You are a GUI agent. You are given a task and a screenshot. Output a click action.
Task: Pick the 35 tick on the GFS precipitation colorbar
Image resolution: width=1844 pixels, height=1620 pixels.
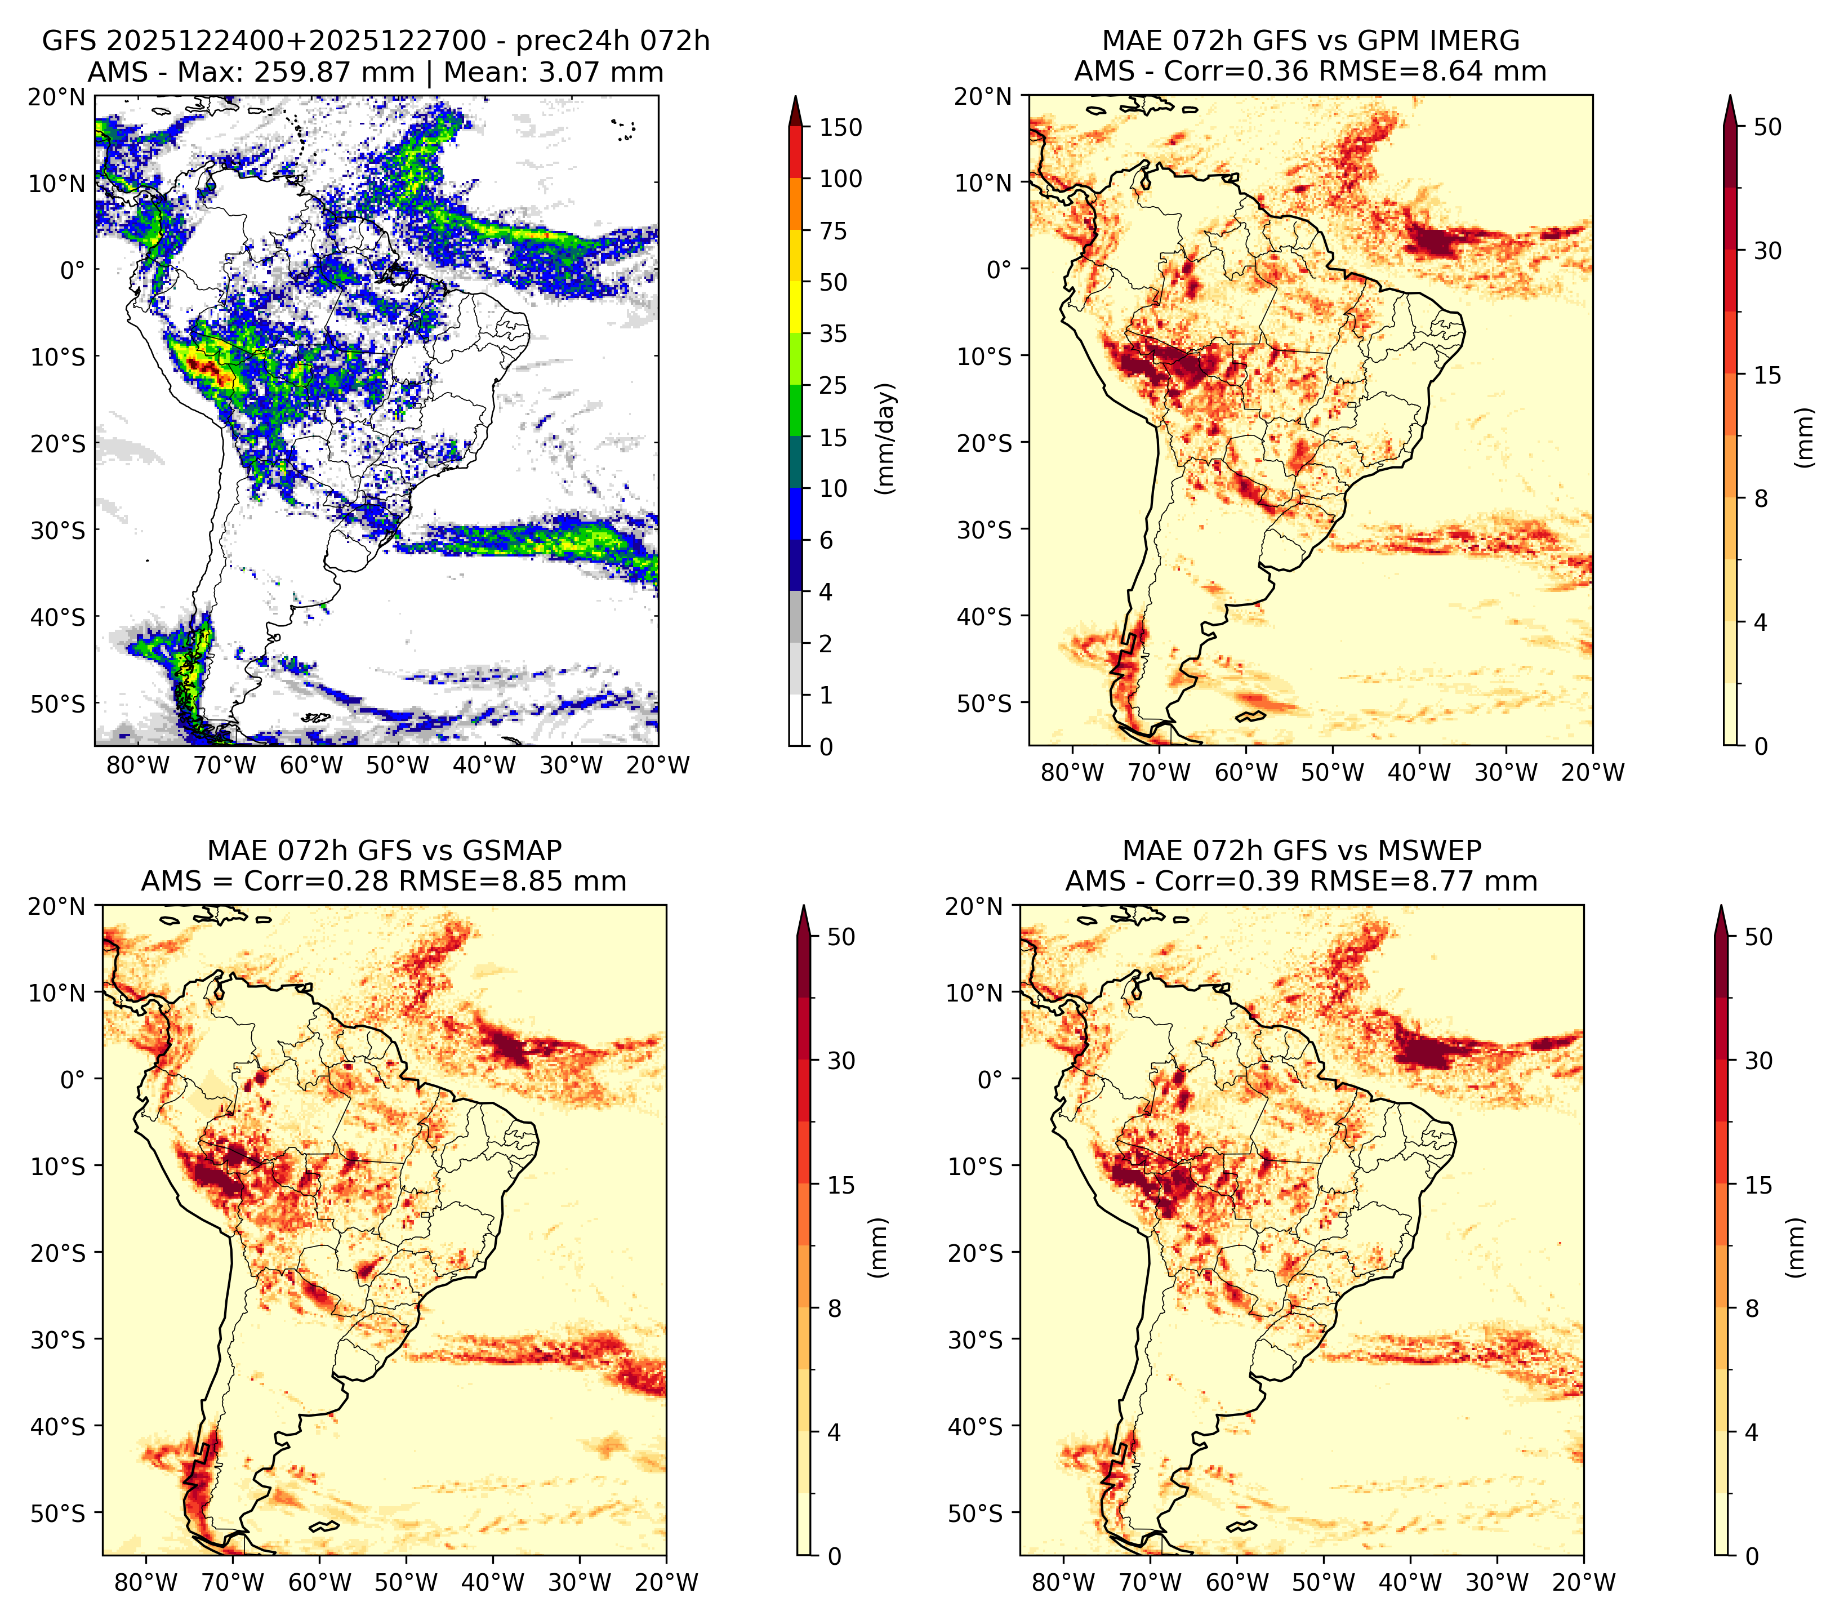point(834,333)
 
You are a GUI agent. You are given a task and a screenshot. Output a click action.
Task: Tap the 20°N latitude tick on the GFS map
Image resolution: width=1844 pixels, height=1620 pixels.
point(57,96)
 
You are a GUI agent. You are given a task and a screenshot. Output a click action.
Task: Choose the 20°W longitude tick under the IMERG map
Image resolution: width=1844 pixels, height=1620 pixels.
point(1592,773)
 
